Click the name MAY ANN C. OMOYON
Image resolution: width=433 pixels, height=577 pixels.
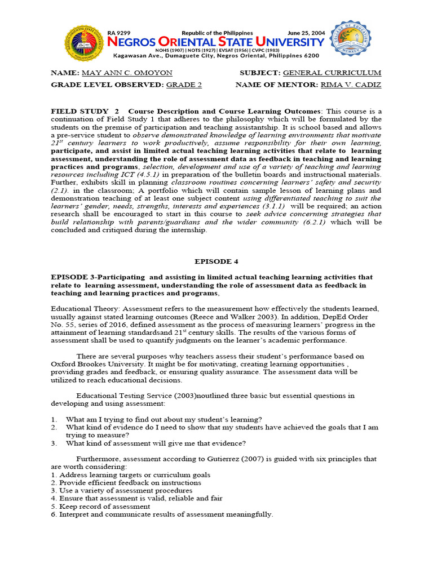coord(127,73)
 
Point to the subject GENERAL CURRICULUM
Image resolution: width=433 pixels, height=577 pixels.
coord(332,73)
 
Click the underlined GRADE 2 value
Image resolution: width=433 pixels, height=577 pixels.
coord(183,85)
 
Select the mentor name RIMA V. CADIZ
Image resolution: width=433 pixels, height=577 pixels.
coord(351,85)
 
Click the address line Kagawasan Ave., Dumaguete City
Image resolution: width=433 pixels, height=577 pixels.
coord(216,56)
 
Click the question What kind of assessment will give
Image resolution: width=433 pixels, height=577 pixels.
coord(156,443)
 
